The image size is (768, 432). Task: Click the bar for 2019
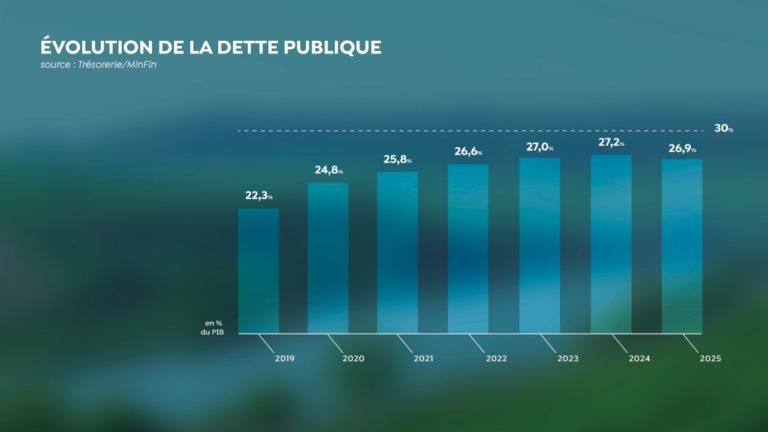tap(259, 271)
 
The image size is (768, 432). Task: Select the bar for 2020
tap(328, 258)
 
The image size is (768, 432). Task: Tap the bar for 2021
tap(398, 253)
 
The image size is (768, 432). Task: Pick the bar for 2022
tap(468, 249)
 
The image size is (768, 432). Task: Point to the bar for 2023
tap(539, 245)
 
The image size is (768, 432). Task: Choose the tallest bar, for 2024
tap(611, 244)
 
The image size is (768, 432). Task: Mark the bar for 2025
tap(682, 246)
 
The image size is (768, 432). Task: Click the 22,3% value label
tap(259, 196)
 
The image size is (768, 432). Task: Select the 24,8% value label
tap(329, 170)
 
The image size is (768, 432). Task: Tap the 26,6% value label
tap(468, 152)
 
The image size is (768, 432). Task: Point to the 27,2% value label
tap(611, 143)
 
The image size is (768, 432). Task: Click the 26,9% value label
tap(682, 148)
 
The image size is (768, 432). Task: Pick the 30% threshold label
tap(723, 128)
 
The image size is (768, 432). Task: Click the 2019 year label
tap(284, 359)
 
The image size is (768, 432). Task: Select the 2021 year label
tap(424, 359)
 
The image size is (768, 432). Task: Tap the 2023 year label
tap(568, 359)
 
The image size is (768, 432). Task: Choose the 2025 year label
tap(710, 359)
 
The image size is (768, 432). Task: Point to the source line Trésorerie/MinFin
tap(98, 65)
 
